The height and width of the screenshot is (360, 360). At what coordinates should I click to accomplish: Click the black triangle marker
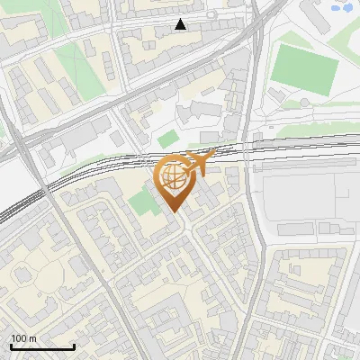[181, 24]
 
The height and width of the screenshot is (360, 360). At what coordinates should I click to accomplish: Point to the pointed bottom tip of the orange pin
[173, 212]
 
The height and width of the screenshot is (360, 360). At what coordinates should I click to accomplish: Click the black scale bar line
[42, 347]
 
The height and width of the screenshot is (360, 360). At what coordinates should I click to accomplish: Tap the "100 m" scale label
[24, 338]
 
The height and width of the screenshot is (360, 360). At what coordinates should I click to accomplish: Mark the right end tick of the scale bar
[75, 346]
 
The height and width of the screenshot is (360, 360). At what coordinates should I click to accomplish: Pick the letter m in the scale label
[32, 338]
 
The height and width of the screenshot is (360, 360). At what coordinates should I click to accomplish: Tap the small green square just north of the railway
[167, 139]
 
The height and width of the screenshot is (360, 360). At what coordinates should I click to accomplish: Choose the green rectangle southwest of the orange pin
[141, 202]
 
